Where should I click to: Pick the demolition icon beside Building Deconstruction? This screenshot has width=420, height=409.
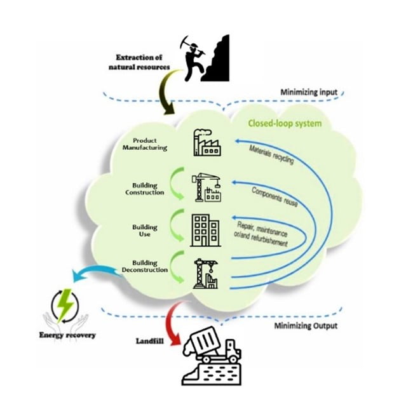pos(207,274)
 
